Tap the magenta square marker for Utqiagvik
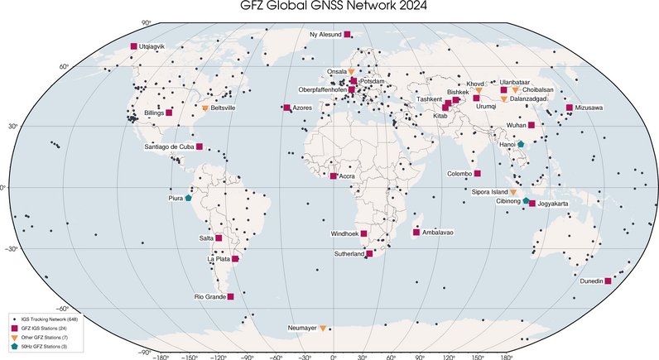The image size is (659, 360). tap(133, 46)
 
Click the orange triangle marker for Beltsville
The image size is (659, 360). tap(205, 108)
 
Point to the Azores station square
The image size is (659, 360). tap(286, 108)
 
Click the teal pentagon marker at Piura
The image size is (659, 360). tap(189, 198)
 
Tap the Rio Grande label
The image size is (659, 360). tap(209, 296)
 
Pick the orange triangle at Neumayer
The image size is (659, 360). tap(322, 329)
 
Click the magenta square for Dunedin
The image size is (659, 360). tap(608, 281)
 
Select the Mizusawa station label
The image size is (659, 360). tap(589, 108)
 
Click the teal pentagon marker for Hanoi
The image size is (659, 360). tap(522, 144)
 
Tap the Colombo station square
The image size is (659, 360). tap(478, 174)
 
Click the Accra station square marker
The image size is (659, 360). tap(334, 176)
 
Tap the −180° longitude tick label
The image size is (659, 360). tap(162, 357)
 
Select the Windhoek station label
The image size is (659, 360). tap(346, 233)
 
